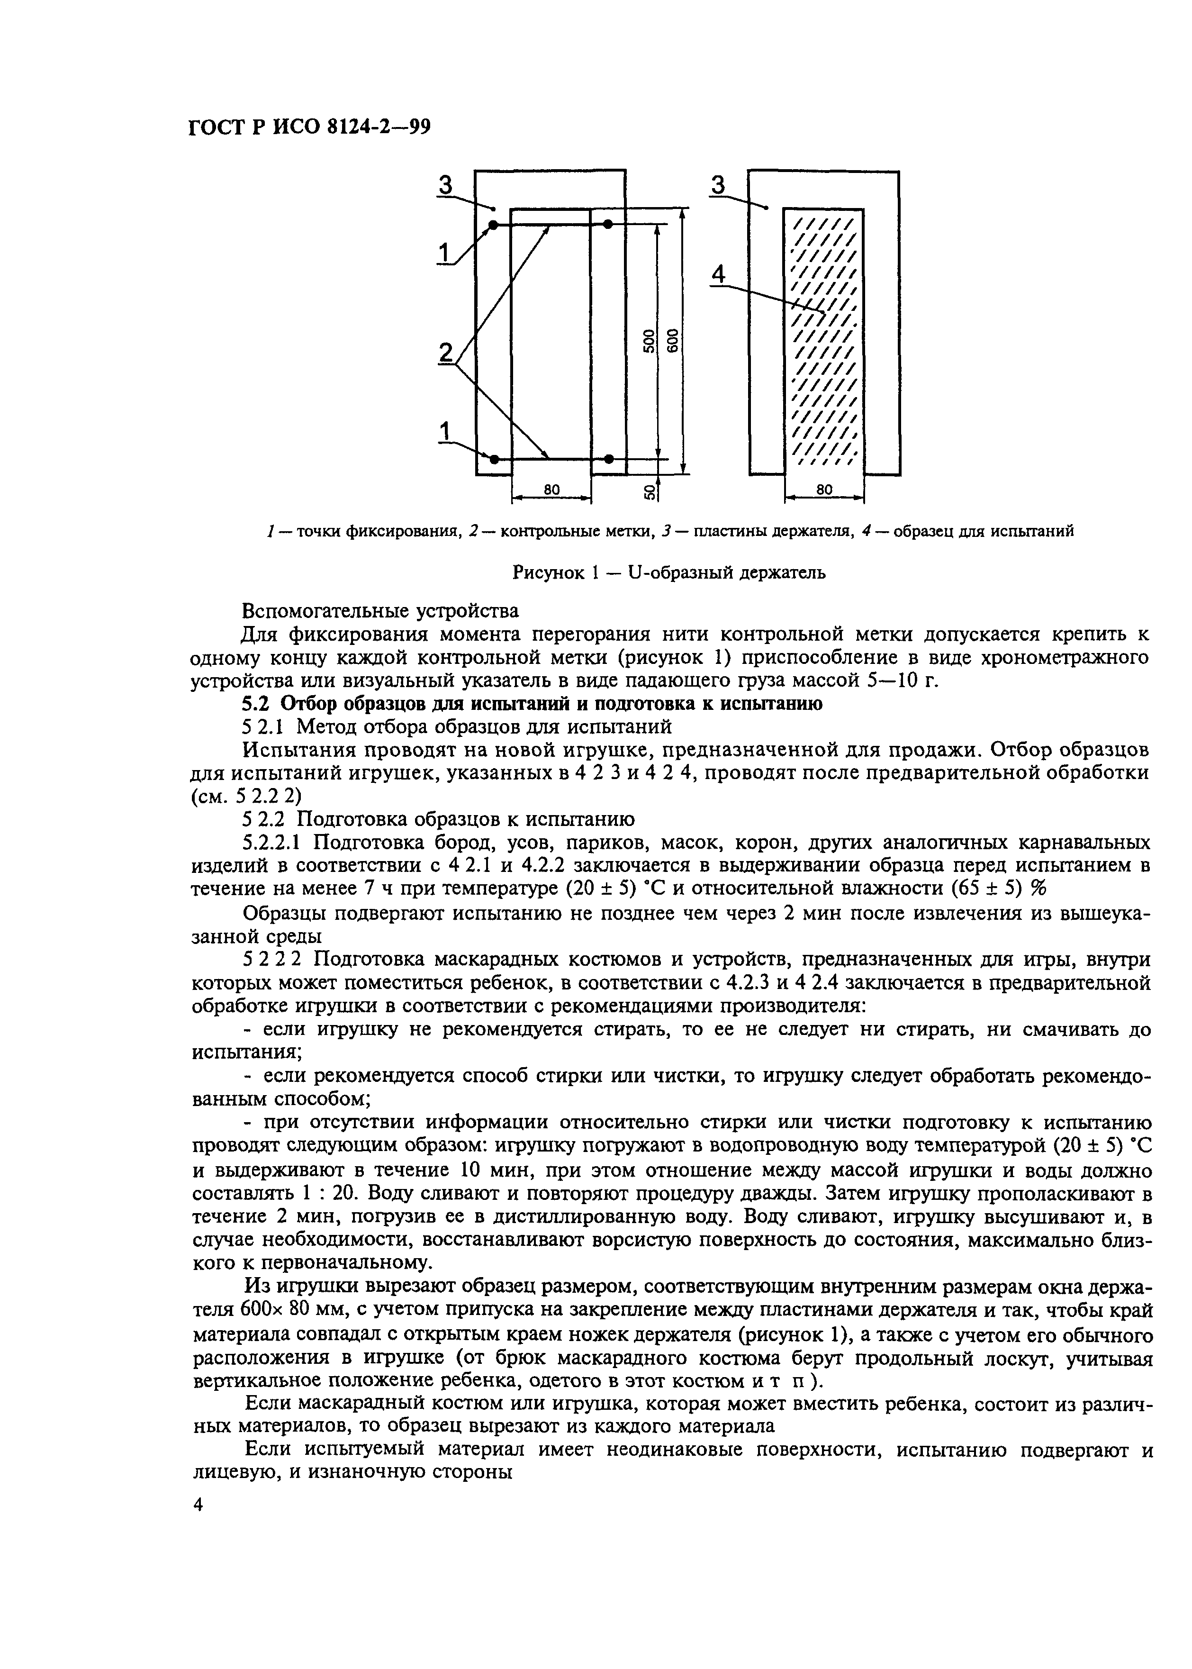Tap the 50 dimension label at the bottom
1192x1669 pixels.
(650, 491)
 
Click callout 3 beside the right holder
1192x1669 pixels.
(719, 186)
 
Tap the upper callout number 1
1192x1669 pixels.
(444, 253)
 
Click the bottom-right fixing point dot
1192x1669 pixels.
(608, 460)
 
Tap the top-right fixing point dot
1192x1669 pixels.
(608, 224)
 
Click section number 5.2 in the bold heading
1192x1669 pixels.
(257, 703)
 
